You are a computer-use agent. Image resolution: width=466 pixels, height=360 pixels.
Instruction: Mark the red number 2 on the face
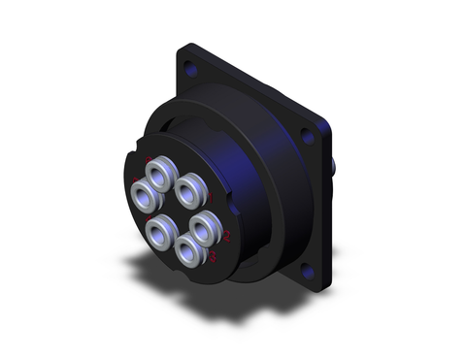pyautogui.click(x=226, y=236)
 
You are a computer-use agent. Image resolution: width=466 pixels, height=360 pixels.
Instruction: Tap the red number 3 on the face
pyautogui.click(x=212, y=256)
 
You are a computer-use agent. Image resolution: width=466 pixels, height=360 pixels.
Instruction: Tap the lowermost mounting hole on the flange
pyautogui.click(x=310, y=273)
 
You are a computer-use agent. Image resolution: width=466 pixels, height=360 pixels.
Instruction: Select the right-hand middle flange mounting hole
pyautogui.click(x=308, y=137)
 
